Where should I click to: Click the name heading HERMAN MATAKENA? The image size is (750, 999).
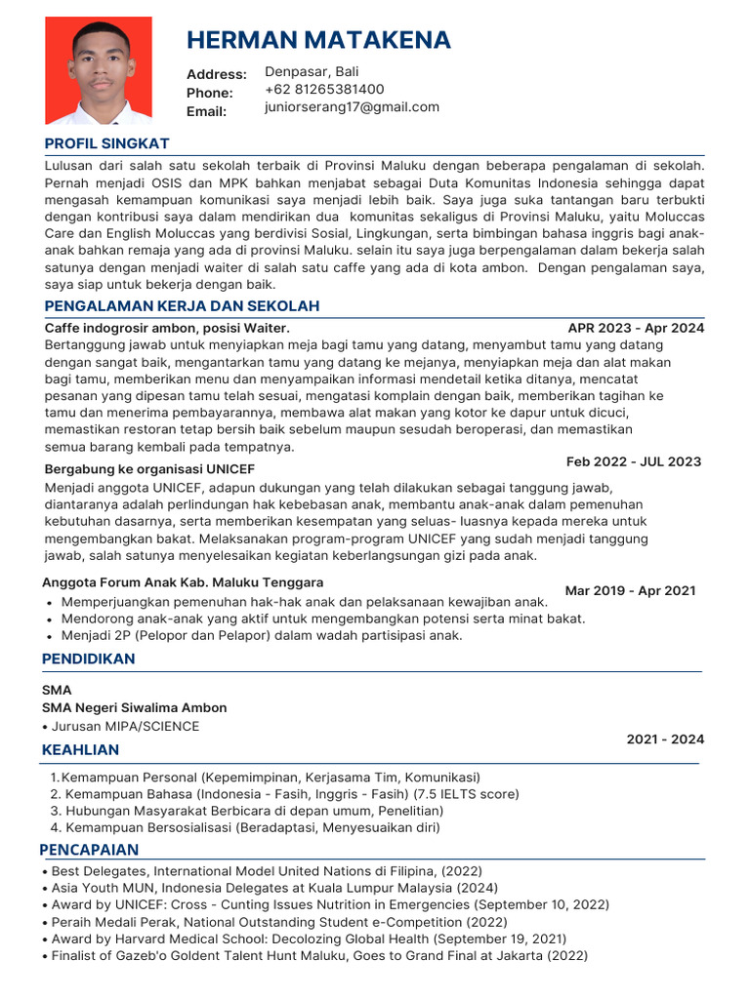[x=318, y=40]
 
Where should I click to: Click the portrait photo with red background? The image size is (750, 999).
[x=99, y=70]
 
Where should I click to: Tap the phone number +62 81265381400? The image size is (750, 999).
[x=324, y=90]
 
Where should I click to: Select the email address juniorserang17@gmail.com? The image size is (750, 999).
[x=352, y=107]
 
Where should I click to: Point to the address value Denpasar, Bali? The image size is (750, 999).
[x=312, y=72]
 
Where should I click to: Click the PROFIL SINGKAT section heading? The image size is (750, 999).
[x=107, y=143]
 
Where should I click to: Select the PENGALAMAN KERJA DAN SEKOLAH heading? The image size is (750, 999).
[x=182, y=306]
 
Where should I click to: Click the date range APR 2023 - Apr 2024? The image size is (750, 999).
[x=636, y=328]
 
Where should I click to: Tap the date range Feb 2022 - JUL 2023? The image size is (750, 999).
[x=633, y=461]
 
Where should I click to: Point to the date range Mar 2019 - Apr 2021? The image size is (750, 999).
[x=630, y=590]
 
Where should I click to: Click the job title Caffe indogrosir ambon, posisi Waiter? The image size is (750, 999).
[x=167, y=328]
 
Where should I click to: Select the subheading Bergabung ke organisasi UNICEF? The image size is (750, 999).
[x=149, y=469]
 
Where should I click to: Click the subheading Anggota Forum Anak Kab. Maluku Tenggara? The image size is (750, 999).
[x=183, y=582]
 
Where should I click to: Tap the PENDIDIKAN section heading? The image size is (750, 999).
[x=89, y=659]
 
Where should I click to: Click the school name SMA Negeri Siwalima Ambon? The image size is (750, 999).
[x=135, y=707]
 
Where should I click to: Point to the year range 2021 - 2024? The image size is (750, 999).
[x=665, y=739]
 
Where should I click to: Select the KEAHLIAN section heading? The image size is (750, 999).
[x=81, y=749]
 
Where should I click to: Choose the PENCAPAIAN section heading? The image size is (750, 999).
[x=89, y=849]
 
